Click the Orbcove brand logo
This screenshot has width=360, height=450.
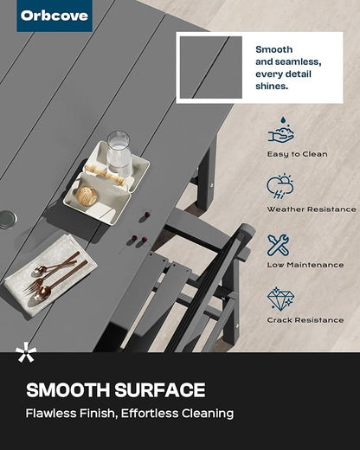pos(55,16)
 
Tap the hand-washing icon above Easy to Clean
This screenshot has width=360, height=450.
pos(281,130)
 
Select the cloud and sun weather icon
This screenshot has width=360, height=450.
pos(280,186)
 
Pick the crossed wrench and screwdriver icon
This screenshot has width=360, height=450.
pos(278,245)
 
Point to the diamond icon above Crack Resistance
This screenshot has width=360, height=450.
pos(280,299)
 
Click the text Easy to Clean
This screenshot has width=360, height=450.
pos(297,154)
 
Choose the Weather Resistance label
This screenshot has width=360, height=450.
pos(312,209)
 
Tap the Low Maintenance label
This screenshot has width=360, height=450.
pos(305,265)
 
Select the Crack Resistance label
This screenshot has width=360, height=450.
pos(305,320)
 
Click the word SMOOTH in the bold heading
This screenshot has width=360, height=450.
pos(68,390)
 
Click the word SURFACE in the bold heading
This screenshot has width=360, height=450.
pos(160,390)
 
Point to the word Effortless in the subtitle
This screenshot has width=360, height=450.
pos(150,413)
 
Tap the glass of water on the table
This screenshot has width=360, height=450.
pos(119,154)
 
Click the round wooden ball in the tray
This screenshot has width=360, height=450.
pos(87,196)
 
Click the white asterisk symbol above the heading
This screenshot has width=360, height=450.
pos(26,351)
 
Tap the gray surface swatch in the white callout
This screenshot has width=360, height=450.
pos(211,67)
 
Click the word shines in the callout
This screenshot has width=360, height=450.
pos(272,87)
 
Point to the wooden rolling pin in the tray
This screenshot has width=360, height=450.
pos(106,174)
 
